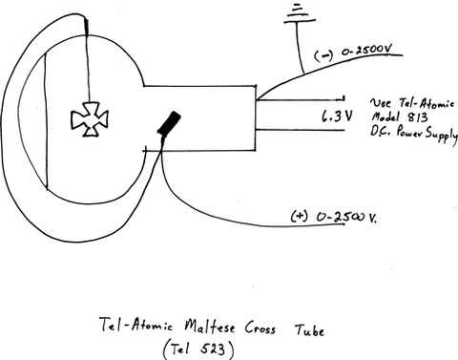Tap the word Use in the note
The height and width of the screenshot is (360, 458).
click(381, 101)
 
